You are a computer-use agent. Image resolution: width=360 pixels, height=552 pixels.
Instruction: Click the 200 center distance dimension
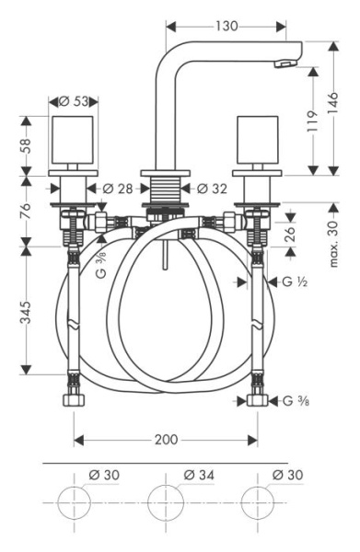166,439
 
